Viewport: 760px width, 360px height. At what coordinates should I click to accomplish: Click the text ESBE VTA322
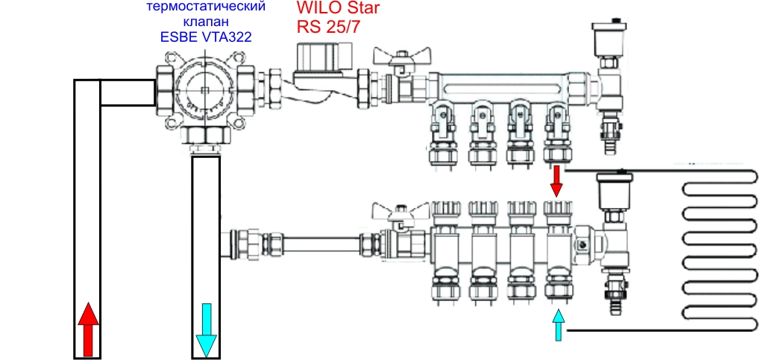[x=207, y=37]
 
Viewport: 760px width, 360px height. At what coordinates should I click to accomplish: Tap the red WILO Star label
[x=337, y=9]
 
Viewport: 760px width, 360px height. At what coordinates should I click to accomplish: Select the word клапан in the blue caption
[x=207, y=22]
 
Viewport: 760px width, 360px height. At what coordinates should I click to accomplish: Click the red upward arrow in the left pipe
[x=88, y=329]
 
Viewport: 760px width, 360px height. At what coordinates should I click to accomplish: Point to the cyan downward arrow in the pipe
[x=207, y=330]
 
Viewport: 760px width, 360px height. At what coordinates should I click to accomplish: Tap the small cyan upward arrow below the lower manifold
[x=559, y=324]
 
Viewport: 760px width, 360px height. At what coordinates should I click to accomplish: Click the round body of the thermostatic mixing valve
[x=205, y=91]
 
